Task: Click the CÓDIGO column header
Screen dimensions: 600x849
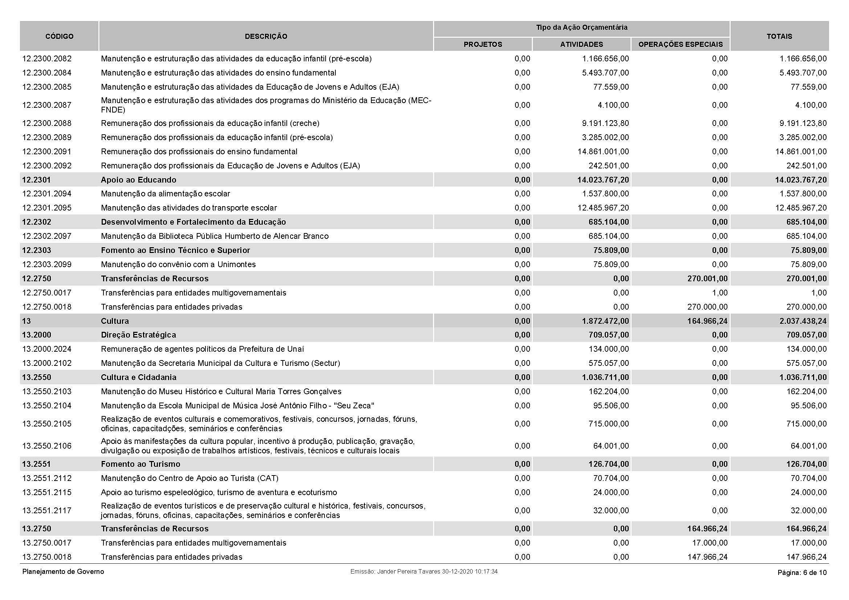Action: tap(59, 36)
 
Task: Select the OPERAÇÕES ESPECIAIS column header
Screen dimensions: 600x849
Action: tap(680, 44)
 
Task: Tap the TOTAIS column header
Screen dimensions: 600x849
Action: tap(779, 36)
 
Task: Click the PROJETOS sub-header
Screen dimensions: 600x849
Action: tap(482, 44)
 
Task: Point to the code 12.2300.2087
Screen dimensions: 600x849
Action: tap(47, 105)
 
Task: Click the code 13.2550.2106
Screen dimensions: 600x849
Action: tap(47, 446)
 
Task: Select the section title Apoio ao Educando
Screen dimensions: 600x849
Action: tap(139, 180)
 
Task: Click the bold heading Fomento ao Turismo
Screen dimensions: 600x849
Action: tap(140, 464)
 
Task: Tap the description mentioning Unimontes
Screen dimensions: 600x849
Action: tap(178, 264)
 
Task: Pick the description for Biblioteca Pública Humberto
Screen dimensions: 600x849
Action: tap(215, 236)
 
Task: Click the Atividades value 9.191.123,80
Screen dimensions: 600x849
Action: tap(605, 123)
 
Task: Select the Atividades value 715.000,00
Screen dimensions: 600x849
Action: tap(609, 424)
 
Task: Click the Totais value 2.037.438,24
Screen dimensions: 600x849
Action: tap(803, 321)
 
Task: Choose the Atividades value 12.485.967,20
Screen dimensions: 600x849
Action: tap(603, 208)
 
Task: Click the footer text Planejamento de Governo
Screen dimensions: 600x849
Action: tap(63, 572)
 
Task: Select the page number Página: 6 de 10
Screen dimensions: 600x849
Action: tap(802, 573)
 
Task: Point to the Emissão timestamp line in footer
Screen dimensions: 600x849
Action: tap(424, 572)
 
